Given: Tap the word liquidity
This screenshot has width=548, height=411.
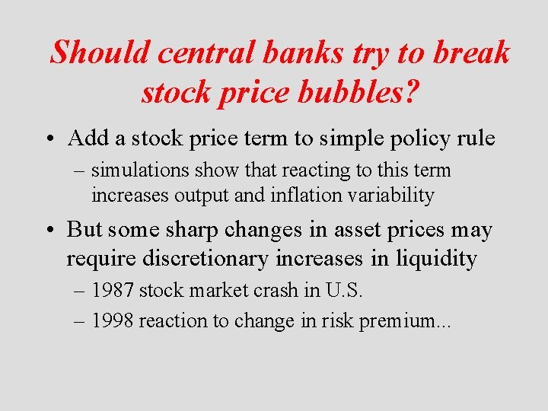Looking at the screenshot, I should click(436, 259).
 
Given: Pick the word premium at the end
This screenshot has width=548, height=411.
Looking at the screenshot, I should click(408, 321).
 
